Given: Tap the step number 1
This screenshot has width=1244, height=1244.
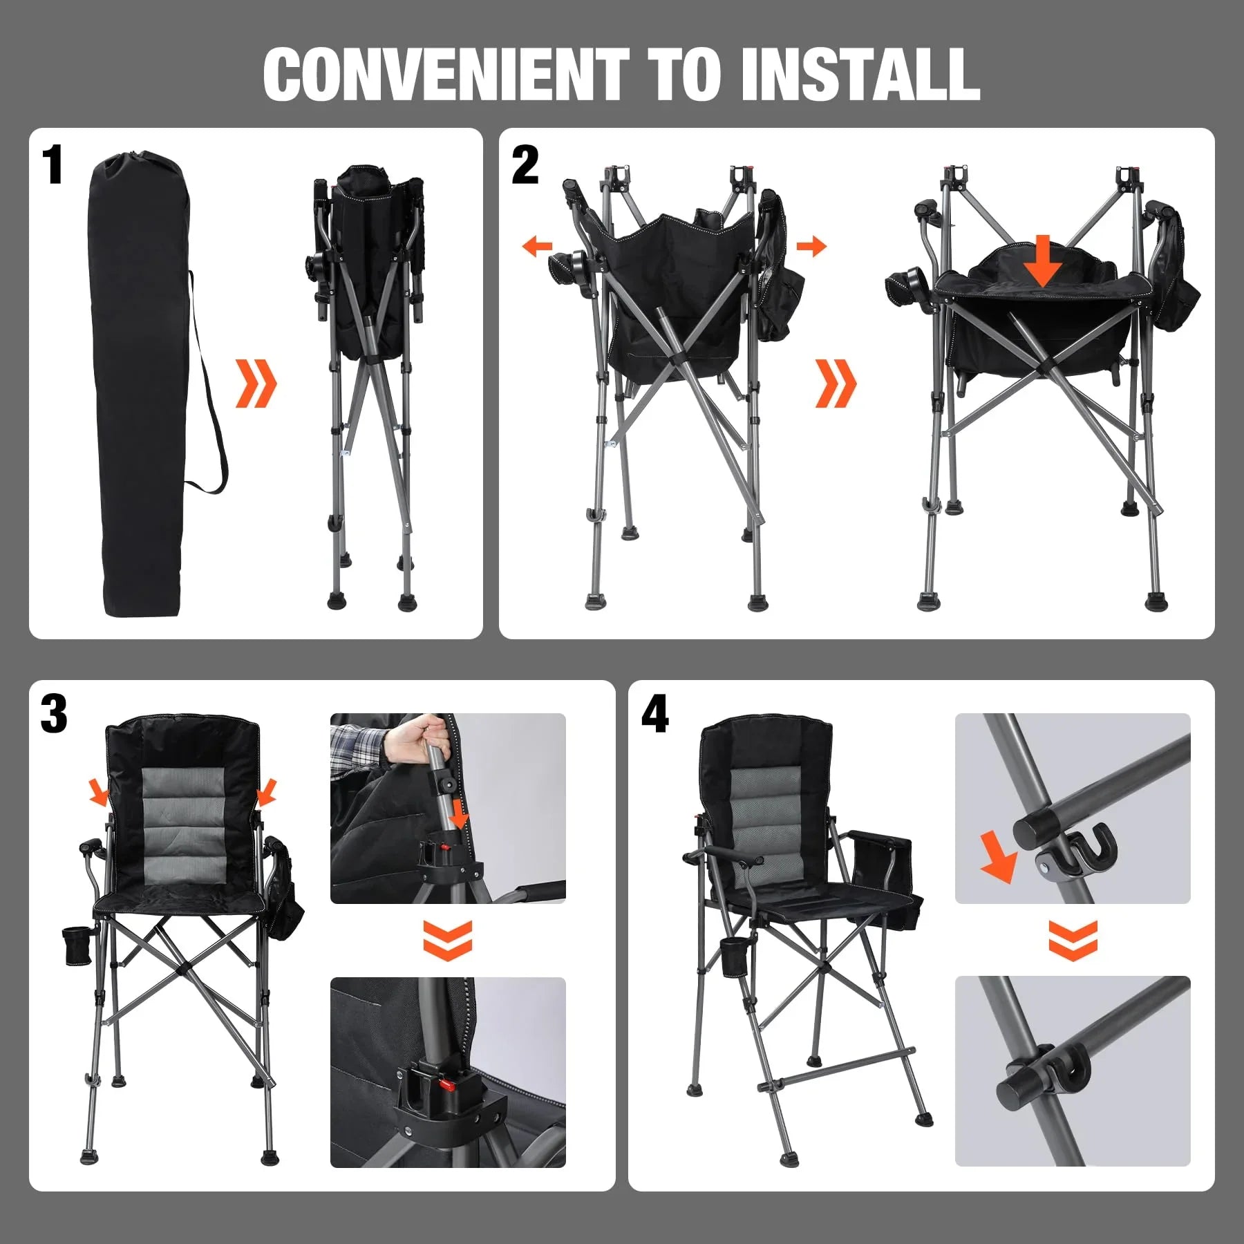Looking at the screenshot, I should [53, 165].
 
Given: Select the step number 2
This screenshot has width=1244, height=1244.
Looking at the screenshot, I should [525, 165].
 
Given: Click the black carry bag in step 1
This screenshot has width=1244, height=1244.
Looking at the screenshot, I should [138, 387].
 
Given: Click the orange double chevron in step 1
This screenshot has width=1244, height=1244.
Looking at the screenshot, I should [256, 383].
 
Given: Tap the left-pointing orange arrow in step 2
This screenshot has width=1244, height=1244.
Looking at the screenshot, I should [537, 246].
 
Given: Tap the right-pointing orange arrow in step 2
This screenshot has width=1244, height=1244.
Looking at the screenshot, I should [811, 246].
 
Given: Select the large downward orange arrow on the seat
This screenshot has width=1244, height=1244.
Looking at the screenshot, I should [1044, 261].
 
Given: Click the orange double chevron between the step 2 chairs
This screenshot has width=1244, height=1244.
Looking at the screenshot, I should [836, 383].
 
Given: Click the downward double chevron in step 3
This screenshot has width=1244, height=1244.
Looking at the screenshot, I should [448, 940].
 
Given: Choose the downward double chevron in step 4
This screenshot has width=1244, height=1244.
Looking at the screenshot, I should [1073, 940].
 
